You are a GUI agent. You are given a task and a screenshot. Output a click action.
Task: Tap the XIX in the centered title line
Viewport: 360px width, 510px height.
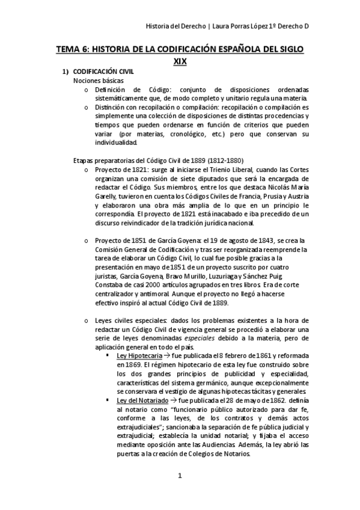click(180, 61)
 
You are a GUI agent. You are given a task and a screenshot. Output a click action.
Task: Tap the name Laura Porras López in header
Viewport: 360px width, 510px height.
click(245, 26)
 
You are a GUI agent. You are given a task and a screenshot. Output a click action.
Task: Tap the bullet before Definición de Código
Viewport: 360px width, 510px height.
click(87, 90)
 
